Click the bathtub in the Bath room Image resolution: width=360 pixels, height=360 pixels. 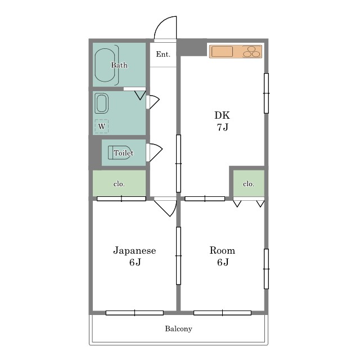coord(105,65)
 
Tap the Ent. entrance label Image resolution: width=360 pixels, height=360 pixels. coord(163,54)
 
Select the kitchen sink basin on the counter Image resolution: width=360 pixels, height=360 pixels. coord(222,51)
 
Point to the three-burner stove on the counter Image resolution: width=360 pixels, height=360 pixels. coord(251,52)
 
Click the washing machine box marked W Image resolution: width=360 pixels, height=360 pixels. coord(101,126)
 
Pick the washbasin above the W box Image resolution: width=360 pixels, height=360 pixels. coord(102,103)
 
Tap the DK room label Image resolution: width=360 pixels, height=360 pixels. coord(222,115)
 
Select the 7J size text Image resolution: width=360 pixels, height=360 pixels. coord(223,127)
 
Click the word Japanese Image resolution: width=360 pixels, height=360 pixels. coord(134,250)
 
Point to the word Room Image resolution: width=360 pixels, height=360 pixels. coord(222,250)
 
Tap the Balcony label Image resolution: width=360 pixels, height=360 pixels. coord(178,328)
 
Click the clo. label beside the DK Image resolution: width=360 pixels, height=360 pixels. coord(249,184)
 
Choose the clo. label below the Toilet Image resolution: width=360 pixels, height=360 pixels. coord(119,184)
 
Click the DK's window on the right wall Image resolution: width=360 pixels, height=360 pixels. coord(266,93)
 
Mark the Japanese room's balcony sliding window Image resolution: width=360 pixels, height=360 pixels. coord(134,313)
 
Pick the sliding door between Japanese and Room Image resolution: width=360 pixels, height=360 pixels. coord(178,255)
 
